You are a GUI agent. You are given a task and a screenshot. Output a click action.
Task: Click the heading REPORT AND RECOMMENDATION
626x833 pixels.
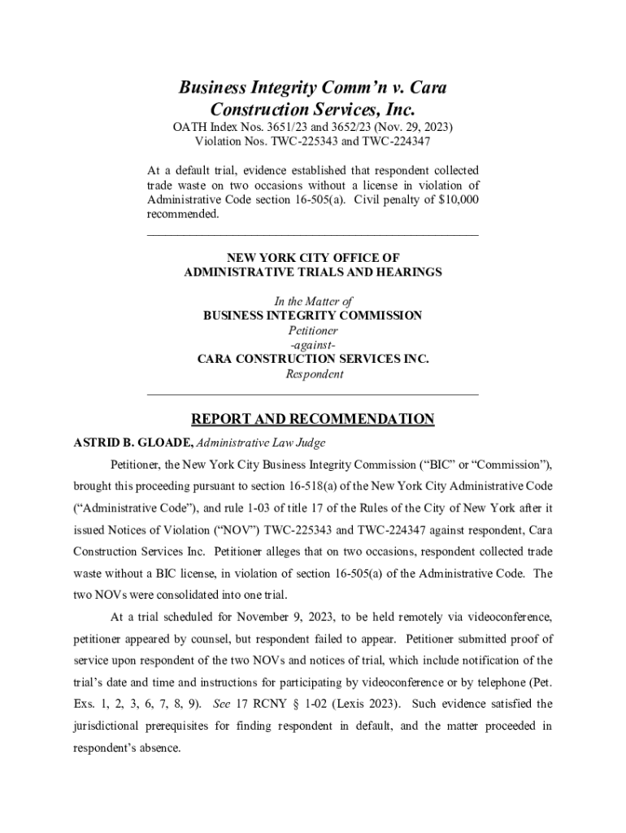[x=313, y=420]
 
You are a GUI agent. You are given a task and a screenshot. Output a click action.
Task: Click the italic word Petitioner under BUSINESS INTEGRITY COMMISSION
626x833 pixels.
[x=313, y=330]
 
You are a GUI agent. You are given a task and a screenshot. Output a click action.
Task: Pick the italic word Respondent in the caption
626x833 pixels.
[x=314, y=374]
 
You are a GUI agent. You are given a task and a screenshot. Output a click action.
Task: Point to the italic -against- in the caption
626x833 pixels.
[x=313, y=345]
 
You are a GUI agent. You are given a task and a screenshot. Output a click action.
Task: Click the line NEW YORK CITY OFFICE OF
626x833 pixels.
[x=313, y=258]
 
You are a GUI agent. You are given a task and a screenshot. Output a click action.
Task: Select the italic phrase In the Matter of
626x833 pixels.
[x=313, y=302]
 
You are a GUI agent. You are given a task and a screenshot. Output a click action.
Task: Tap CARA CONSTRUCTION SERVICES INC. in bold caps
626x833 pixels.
[x=313, y=360]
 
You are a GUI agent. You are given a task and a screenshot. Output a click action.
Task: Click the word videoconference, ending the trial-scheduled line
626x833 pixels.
[x=507, y=617]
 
